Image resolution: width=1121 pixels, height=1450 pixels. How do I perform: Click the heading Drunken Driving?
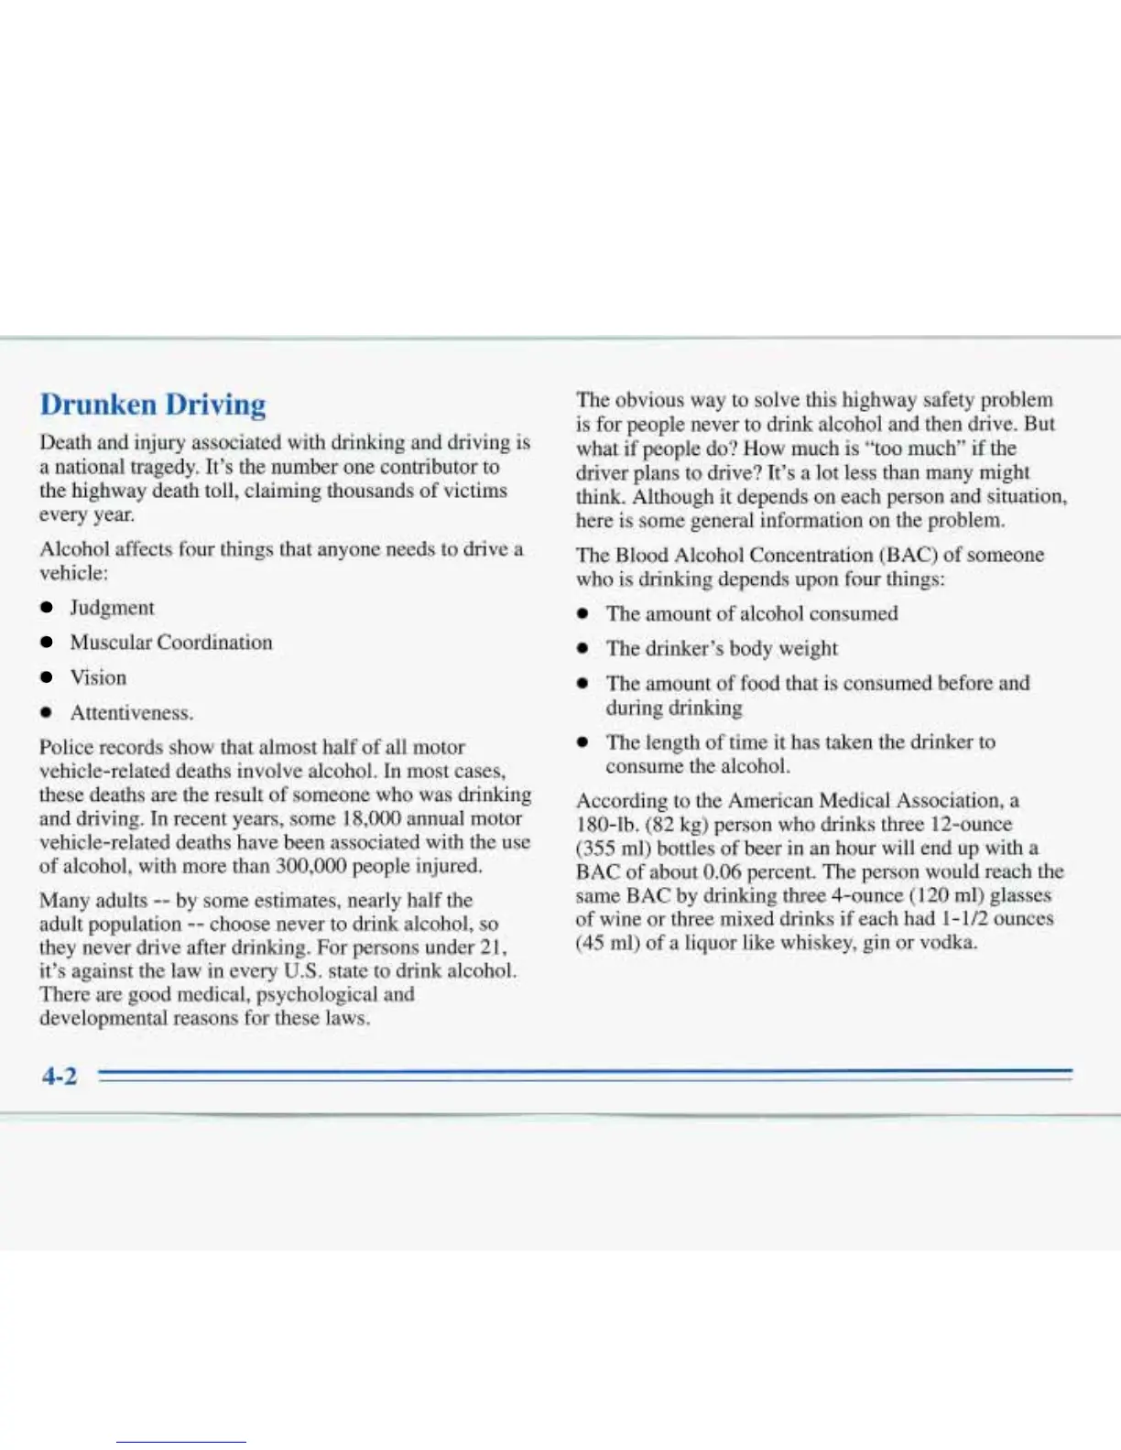click(153, 405)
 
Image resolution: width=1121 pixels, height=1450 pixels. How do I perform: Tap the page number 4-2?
click(60, 1076)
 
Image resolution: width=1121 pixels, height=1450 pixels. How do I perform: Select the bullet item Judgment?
click(112, 608)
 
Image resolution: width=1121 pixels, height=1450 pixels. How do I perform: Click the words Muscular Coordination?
click(171, 643)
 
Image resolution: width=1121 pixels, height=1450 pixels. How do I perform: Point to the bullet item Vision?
click(98, 677)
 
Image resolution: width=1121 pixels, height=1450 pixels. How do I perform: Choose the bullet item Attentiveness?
click(131, 712)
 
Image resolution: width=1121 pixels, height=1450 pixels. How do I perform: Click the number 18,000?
click(374, 818)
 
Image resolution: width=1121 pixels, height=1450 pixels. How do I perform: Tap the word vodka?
click(950, 942)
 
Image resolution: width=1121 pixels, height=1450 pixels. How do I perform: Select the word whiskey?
click(817, 942)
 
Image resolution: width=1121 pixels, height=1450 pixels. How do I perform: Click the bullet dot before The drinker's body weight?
click(582, 649)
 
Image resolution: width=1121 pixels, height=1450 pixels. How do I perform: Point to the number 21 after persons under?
click(493, 947)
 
